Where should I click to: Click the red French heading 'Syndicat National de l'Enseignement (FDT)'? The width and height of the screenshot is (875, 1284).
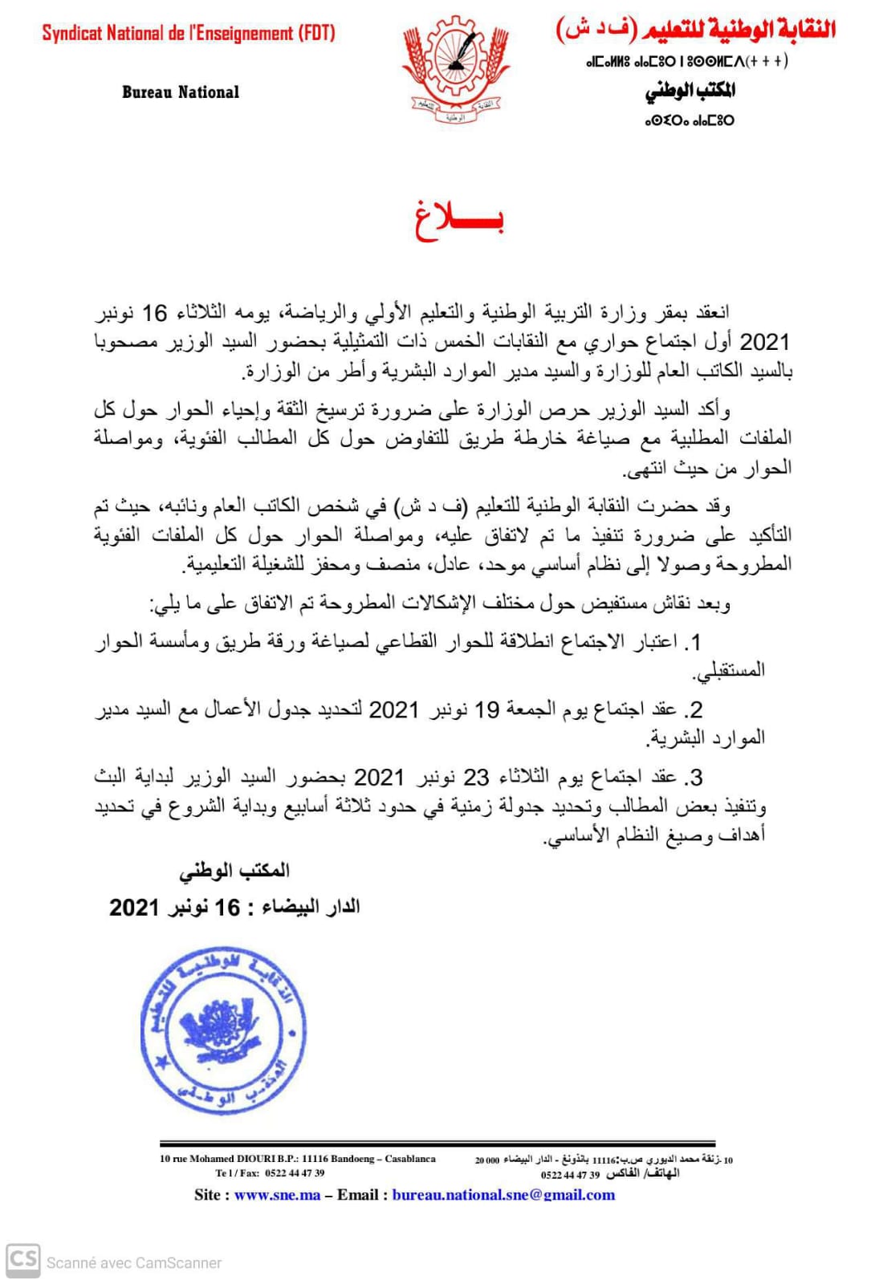189,34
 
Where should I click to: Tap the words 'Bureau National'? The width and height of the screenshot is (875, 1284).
181,92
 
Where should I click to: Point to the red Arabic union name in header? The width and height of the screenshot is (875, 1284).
695,30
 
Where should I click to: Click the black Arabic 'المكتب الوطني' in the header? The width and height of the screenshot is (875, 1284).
690,91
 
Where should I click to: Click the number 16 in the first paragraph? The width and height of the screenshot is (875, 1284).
154,313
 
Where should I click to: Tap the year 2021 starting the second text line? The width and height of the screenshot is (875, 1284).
764,343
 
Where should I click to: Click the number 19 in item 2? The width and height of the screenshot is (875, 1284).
487,710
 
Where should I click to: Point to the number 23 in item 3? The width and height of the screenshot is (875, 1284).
476,778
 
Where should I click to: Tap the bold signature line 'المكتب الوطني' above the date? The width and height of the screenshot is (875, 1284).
234,871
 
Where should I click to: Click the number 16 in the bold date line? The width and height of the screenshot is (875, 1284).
227,908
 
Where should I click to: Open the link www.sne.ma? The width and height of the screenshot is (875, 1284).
277,1195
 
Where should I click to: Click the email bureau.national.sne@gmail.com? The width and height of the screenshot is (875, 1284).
503,1195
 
